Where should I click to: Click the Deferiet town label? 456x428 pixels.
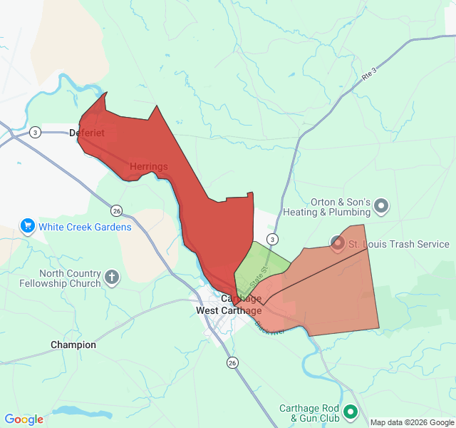point(87,133)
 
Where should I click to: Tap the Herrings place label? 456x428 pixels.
point(149,167)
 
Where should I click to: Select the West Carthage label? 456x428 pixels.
point(228,310)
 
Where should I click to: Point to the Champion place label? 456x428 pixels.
point(73,345)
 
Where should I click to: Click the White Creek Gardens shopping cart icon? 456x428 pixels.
point(28,227)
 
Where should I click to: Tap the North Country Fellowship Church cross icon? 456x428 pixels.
point(112,277)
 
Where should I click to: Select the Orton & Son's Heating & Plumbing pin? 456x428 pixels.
point(381,207)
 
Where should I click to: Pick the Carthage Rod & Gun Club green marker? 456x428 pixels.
point(350,412)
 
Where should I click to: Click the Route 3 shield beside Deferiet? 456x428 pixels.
point(35,133)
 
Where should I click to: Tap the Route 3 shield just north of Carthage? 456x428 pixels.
point(271,238)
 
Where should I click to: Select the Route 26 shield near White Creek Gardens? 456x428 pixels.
point(116,210)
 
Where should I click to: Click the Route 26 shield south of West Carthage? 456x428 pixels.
point(232,363)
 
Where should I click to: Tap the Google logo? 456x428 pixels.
point(24,419)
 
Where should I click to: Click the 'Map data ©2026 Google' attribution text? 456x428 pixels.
point(412,422)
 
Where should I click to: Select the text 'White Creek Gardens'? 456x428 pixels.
point(85,227)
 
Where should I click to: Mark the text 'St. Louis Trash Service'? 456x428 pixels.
point(398,244)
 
